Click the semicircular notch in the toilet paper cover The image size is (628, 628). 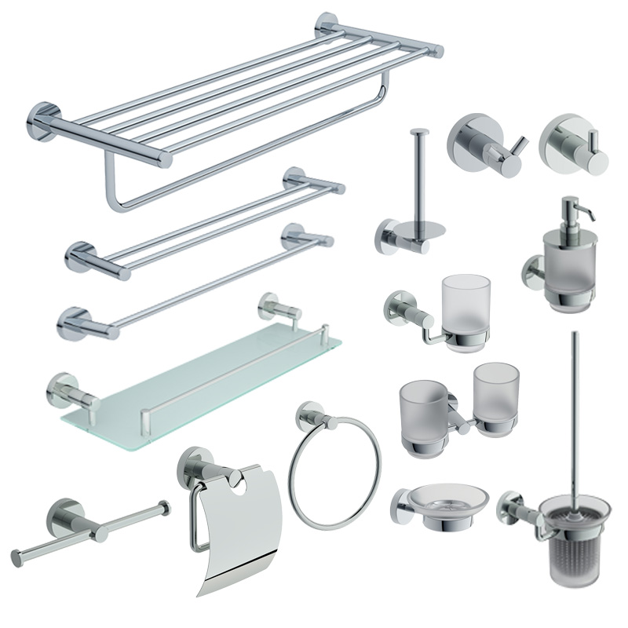coord(255,484)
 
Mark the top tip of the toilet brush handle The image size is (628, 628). coord(576,335)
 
